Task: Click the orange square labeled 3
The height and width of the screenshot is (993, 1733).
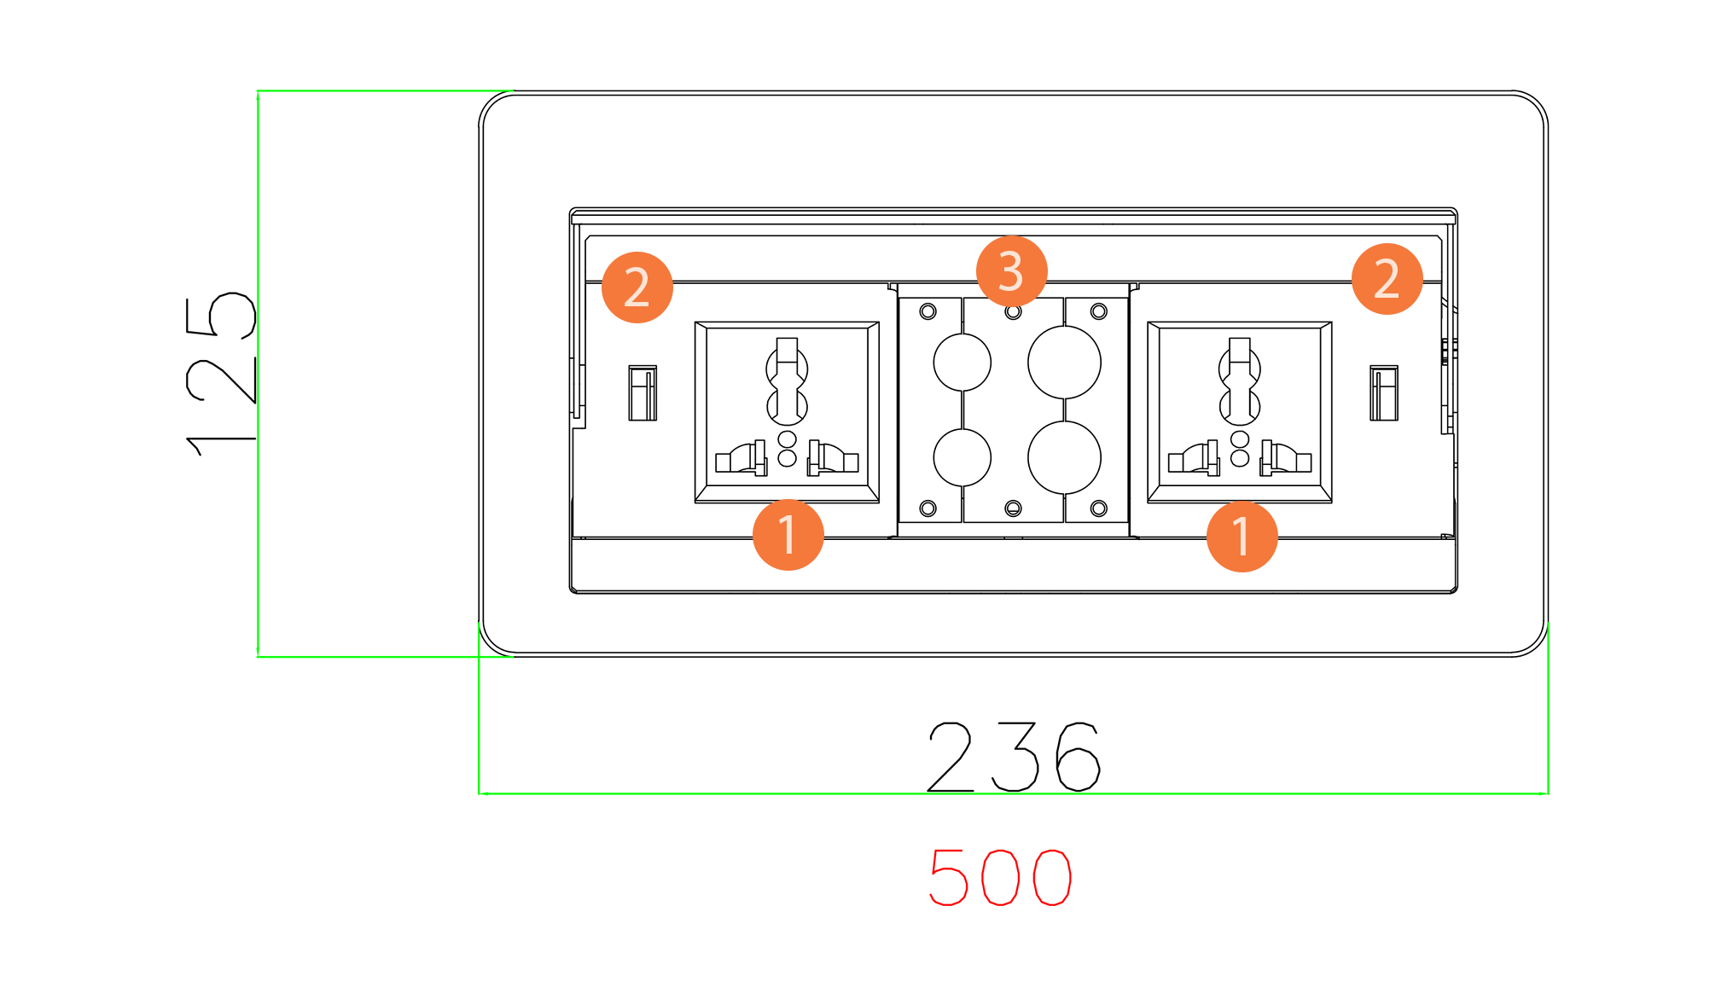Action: (1011, 272)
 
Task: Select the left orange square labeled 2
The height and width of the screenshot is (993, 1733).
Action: (637, 287)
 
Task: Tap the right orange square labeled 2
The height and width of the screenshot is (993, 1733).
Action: (1387, 279)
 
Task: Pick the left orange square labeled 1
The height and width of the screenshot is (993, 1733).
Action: (788, 535)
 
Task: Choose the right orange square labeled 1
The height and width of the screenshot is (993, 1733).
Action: (1242, 538)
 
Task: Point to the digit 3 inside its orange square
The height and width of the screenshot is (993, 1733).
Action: (1011, 271)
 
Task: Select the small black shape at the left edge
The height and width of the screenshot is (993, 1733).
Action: (218, 375)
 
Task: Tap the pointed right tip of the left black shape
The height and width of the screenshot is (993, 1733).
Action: (253, 440)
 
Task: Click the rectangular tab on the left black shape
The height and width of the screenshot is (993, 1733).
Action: (243, 380)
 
